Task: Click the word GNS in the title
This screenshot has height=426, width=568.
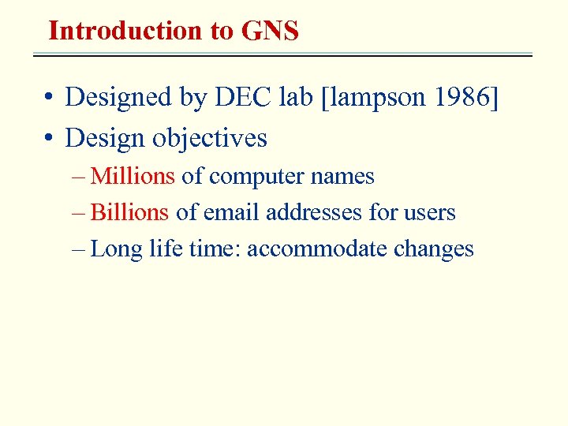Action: tap(270, 31)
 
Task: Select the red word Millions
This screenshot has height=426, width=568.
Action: tap(133, 176)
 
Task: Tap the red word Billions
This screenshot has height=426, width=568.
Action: tap(130, 212)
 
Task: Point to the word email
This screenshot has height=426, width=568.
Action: tap(233, 212)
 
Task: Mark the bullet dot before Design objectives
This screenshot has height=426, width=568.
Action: tap(49, 139)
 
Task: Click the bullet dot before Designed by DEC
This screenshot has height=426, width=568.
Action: tap(49, 98)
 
